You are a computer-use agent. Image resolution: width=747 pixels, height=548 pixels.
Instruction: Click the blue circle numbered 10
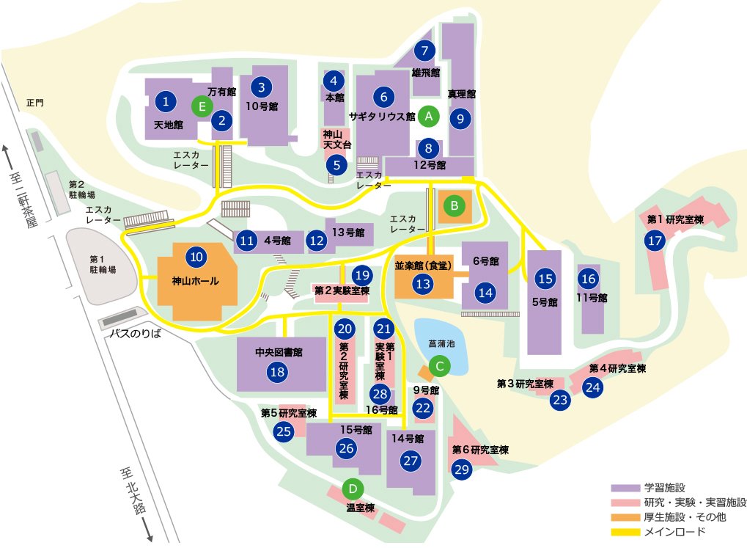point(196,257)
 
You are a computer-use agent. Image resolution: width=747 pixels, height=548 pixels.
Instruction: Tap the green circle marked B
point(455,206)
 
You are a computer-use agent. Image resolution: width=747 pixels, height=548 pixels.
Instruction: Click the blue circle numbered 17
point(655,240)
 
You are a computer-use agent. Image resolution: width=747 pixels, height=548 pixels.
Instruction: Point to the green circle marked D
point(353,488)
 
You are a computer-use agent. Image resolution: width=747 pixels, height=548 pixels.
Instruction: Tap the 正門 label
point(34,103)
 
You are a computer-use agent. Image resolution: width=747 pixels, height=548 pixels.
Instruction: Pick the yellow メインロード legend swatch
point(626,531)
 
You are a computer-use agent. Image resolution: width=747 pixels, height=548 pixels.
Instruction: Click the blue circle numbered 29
point(462,471)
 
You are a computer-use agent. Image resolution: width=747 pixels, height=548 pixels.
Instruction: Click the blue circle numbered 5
point(336,164)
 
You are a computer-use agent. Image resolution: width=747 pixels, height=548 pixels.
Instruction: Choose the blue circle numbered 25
point(284,431)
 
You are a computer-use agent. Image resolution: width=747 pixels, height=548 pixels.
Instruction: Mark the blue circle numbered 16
point(588,279)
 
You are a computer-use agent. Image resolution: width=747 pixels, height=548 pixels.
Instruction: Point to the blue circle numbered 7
point(424,51)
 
